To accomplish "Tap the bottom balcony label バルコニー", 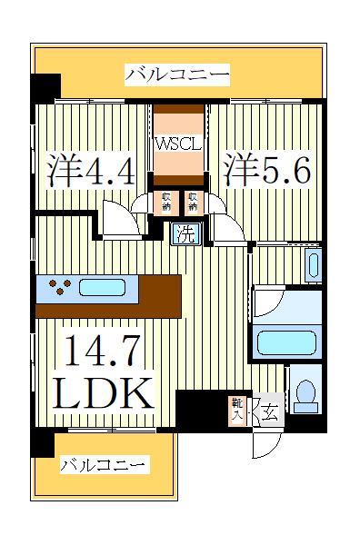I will coord(103,466).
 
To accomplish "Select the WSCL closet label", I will coord(177,144).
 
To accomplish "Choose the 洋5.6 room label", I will coord(268,171).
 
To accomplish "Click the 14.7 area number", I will coord(104,350).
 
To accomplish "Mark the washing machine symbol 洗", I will coord(185,233).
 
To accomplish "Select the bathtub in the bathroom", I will coord(285,343).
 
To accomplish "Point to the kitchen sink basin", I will coord(107,289).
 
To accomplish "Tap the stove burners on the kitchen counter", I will coord(61,289).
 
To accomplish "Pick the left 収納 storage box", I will coord(167,201).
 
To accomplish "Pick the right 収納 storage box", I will coord(193,201).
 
